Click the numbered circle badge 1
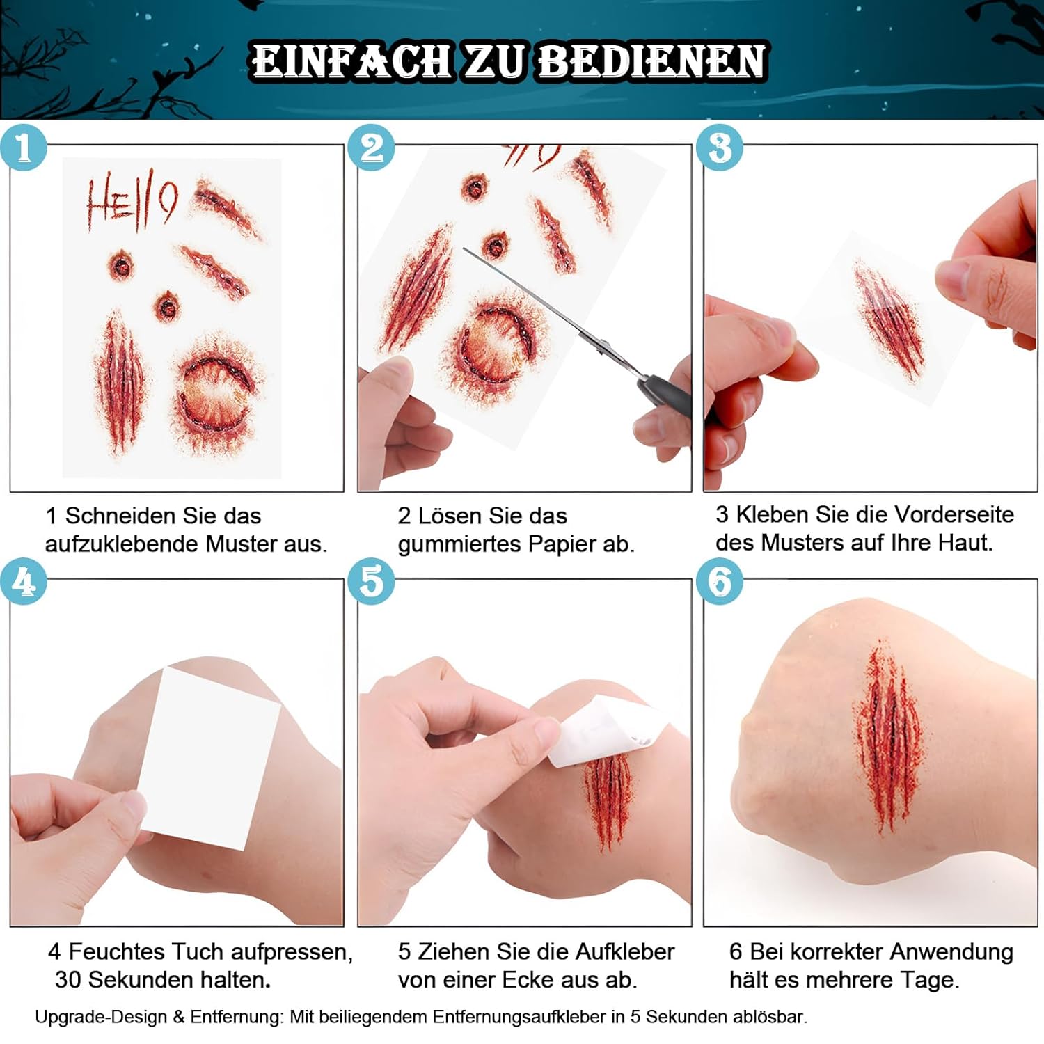point(24,148)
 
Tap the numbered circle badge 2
point(372,148)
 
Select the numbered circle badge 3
point(720,148)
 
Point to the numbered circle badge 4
point(24,582)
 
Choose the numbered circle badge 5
point(372,582)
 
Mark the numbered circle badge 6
point(720,582)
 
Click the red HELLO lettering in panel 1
point(131,202)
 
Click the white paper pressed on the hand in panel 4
point(209,759)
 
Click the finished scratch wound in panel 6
point(887,738)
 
